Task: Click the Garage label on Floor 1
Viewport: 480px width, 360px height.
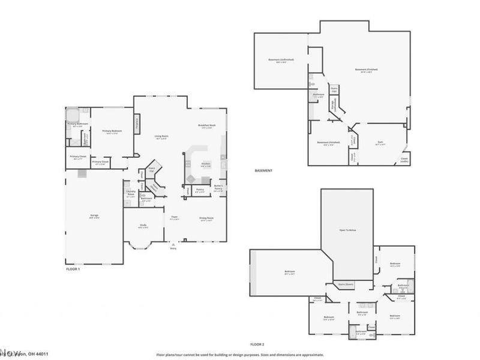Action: (x=95, y=216)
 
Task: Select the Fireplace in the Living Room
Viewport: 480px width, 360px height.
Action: (x=137, y=124)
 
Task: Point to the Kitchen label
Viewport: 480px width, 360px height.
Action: (x=205, y=164)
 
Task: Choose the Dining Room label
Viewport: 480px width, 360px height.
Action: (x=207, y=219)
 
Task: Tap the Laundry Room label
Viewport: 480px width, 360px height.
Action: (x=131, y=193)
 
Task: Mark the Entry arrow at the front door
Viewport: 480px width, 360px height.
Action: (x=174, y=246)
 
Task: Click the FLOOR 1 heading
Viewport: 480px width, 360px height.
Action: (x=73, y=270)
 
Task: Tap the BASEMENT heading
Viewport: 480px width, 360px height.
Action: (x=264, y=170)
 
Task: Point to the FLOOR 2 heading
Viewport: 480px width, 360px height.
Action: (x=257, y=344)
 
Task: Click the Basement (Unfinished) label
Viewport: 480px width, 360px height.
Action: (x=277, y=61)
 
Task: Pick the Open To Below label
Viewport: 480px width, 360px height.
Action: (x=347, y=229)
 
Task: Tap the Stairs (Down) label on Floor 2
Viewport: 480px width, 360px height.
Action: (x=345, y=284)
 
